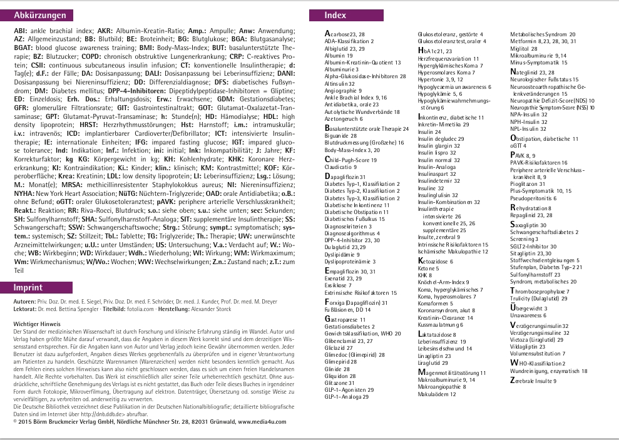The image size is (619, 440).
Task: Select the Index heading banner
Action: coord(335,15)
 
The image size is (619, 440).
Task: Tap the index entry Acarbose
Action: coord(341,34)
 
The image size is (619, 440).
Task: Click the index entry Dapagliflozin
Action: coord(344,178)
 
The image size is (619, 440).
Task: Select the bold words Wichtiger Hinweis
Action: coord(37,324)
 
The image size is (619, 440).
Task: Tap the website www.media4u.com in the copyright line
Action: coord(262,422)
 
